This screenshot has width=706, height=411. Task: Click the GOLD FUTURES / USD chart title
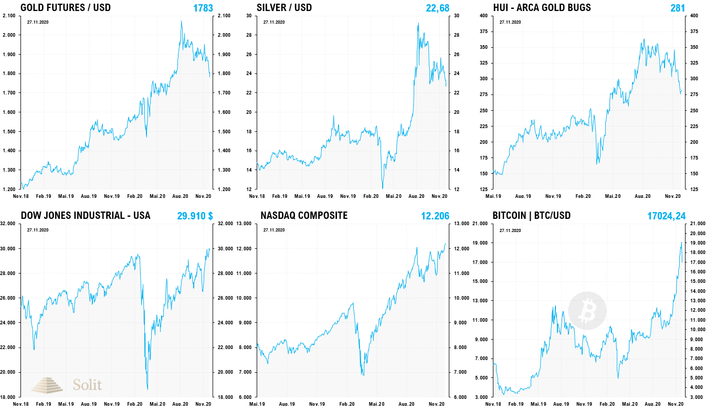point(65,7)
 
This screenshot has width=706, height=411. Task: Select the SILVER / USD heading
point(284,7)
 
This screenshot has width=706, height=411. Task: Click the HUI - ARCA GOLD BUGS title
point(542,7)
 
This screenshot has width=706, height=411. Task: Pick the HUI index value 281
point(678,8)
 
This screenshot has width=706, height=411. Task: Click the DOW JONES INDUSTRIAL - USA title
point(85,215)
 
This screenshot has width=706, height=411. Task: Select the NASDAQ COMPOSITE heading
point(304,215)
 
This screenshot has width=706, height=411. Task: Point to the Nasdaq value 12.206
point(435,216)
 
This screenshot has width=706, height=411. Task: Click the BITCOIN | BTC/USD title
point(532,215)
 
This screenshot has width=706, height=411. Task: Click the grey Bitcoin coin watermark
point(587,311)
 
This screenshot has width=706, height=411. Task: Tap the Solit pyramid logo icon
point(47,385)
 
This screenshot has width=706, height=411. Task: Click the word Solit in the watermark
point(87,385)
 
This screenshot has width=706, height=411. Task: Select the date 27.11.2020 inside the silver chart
point(273,23)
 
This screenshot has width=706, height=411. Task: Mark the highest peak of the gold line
point(182,22)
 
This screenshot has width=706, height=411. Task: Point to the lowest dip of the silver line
point(382,187)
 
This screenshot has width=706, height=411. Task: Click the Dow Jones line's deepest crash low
point(147,389)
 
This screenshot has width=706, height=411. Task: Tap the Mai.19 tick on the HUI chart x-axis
point(492,196)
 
